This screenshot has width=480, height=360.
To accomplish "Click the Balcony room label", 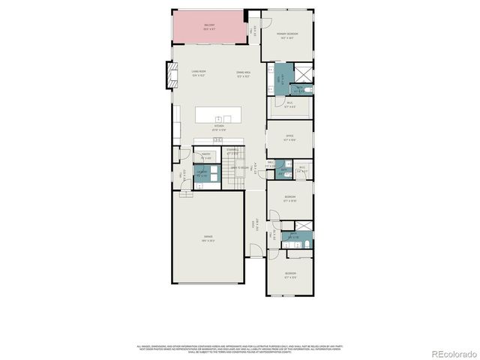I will coord(209,26).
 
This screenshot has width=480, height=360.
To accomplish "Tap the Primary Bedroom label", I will coord(287,34).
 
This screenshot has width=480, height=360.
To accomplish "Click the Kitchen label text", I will coord(219,126).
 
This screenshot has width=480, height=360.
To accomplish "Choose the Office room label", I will coord(290,138).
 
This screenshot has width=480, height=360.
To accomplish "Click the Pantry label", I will coord(205,157).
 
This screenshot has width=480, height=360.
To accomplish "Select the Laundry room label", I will coord(202,173).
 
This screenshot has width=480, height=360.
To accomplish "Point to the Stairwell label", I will coord(232,152).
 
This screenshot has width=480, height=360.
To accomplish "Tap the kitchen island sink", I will coord(218,118).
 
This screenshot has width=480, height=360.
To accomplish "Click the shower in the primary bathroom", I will coord(302,74).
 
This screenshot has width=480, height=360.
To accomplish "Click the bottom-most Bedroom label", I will coord(290,274).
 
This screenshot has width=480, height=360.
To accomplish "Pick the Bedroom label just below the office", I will coord(290,199).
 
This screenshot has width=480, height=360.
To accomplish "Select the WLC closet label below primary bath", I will coord(290,105).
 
